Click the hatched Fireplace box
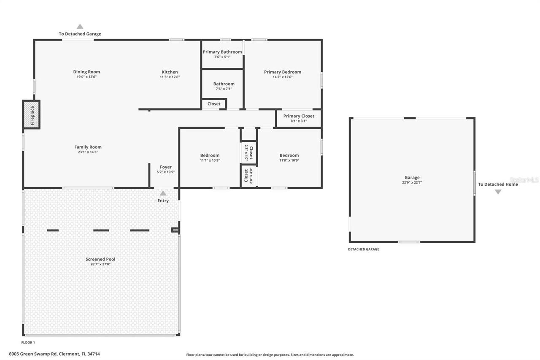pos(32,114)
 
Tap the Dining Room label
pos(86,72)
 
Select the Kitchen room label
pos(170,72)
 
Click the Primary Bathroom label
pos(222,52)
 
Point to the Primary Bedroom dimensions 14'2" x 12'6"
pos(282,77)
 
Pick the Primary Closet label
pos(299,116)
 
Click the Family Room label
pos(88,147)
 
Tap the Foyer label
pos(165,167)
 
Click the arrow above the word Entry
pos(163,193)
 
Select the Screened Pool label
pos(100,259)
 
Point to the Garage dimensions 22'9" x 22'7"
pos(412,183)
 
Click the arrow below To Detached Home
pos(498,192)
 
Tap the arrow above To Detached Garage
pos(80,27)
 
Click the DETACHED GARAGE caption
pos(363,249)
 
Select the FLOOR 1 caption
pos(28,342)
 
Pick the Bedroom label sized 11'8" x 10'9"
pos(289,155)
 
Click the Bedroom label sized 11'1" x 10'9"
pos(210,155)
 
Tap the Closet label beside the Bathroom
pos(214,104)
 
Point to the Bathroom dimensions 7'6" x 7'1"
pos(224,89)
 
